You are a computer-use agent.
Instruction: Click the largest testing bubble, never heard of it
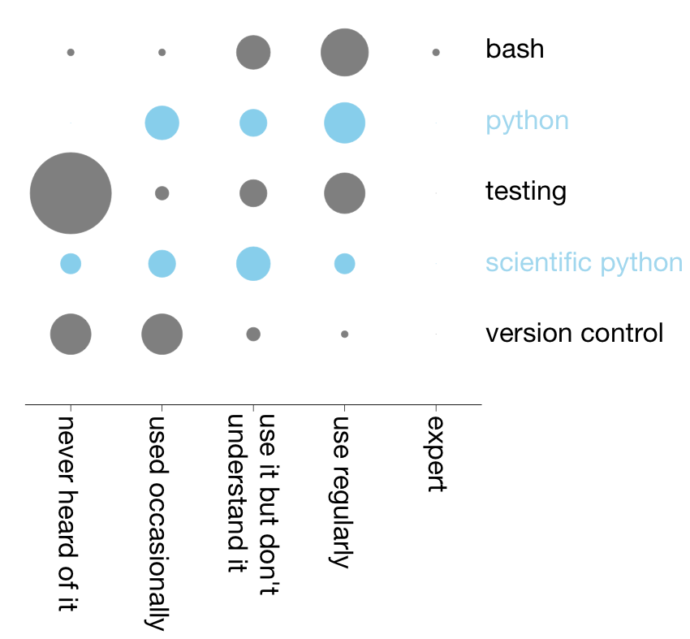[x=71, y=193]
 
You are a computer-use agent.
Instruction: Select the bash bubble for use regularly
[x=344, y=52]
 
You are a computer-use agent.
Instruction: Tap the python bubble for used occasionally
[x=162, y=123]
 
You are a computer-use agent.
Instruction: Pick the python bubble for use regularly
[x=344, y=123]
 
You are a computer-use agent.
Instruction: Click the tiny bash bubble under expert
[x=436, y=52]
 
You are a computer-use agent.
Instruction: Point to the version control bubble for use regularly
[x=344, y=334]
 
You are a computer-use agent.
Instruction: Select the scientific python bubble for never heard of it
[x=71, y=264]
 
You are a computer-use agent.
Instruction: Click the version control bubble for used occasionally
[x=162, y=334]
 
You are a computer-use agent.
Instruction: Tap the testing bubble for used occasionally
[x=162, y=193]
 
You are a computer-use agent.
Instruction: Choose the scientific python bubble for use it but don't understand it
[x=253, y=264]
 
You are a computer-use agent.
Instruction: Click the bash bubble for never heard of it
[x=71, y=52]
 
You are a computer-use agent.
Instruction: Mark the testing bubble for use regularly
[x=344, y=193]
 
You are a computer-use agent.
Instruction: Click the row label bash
[x=515, y=49]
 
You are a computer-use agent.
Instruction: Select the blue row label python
[x=527, y=122]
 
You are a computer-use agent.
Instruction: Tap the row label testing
[x=526, y=192]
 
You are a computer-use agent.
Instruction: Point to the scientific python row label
[x=584, y=263]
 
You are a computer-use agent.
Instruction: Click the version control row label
[x=574, y=333]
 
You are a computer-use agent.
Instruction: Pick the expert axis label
[x=437, y=454]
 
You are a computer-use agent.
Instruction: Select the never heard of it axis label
[x=67, y=514]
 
